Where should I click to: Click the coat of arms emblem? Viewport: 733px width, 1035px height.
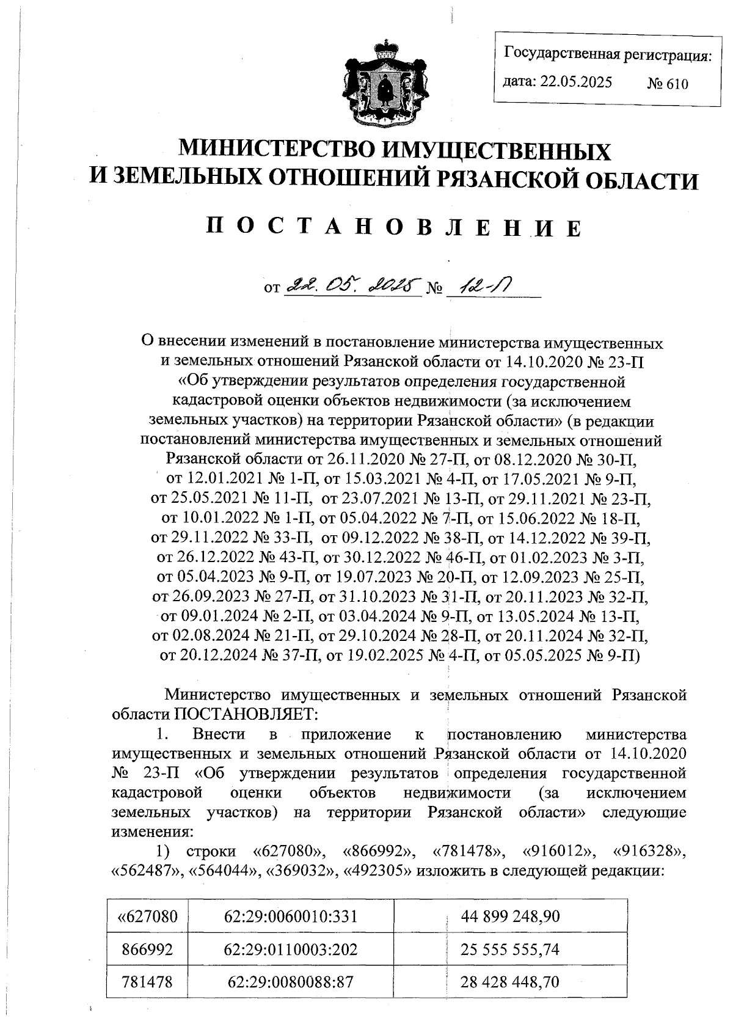[384, 82]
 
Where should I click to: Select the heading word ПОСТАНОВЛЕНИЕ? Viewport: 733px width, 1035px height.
[393, 227]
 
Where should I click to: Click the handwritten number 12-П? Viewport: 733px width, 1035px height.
[485, 285]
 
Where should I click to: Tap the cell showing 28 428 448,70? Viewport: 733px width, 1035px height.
[510, 982]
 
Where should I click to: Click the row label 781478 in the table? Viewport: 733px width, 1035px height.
[147, 982]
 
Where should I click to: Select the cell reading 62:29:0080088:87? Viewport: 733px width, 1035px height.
[290, 982]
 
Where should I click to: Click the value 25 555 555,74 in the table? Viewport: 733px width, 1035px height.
[510, 949]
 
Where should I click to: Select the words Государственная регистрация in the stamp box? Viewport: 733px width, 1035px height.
[607, 56]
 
